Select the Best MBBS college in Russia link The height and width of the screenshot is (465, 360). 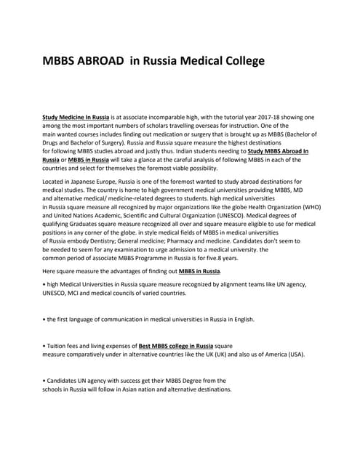click(176, 346)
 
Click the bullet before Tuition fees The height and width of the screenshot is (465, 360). click(44, 346)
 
